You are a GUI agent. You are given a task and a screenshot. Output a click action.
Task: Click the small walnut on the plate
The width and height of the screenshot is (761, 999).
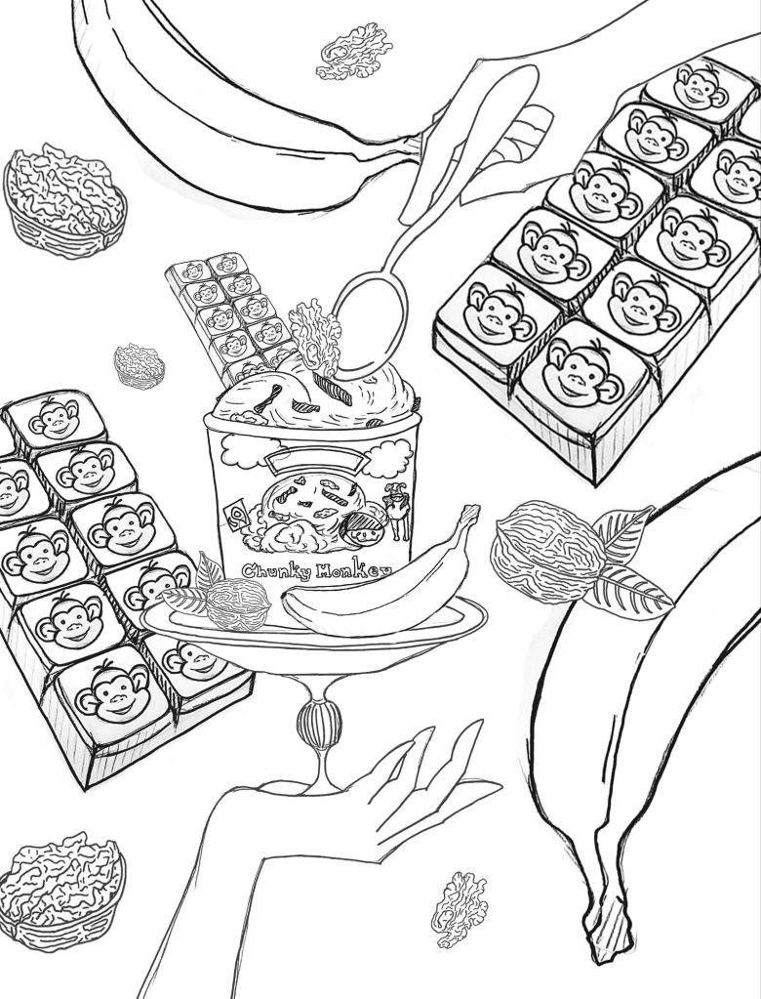[x=237, y=604]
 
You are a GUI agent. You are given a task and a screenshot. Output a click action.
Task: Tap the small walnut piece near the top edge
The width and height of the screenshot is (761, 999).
[x=354, y=51]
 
